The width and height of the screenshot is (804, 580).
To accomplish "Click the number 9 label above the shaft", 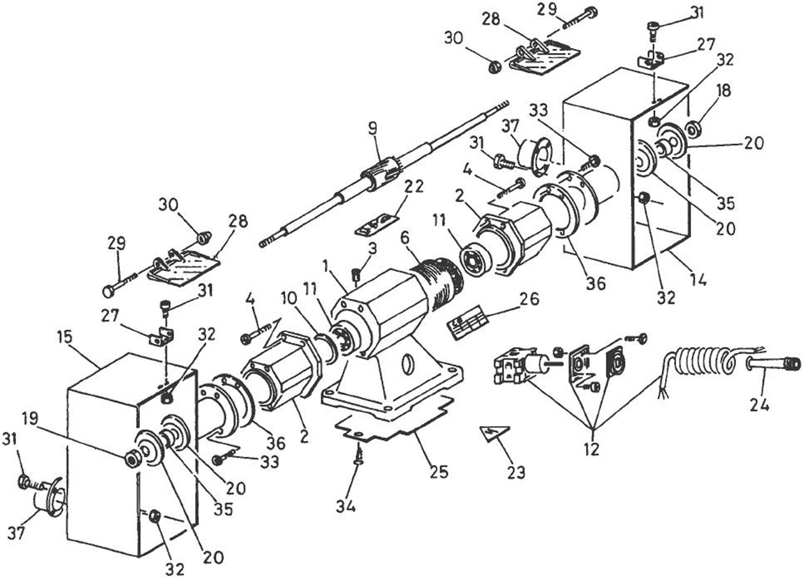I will coord(373,129).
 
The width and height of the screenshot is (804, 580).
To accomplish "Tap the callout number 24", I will coord(759,405).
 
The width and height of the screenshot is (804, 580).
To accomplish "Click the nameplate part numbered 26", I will coord(468,321).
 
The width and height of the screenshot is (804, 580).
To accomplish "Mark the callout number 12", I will coord(592,448).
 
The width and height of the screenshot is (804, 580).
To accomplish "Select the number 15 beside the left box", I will coord(64,337).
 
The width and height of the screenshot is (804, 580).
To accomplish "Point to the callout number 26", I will coord(530,298).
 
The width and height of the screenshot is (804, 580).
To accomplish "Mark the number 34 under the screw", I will coord(346,505).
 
